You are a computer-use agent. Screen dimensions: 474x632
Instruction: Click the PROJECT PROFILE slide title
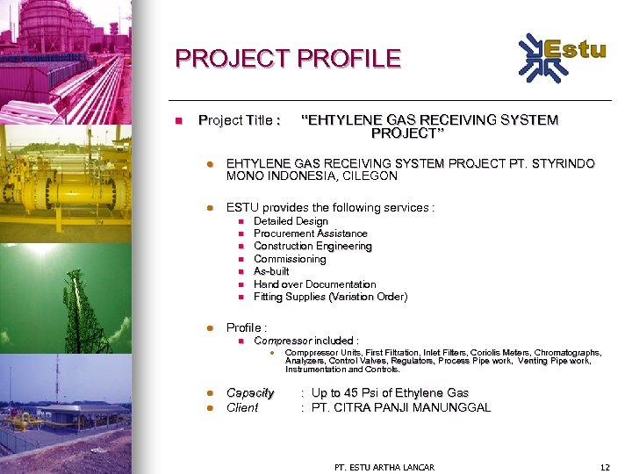[x=288, y=59]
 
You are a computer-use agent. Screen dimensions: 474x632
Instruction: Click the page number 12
[x=603, y=467]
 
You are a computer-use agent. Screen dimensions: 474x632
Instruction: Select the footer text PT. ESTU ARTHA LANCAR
[x=384, y=467]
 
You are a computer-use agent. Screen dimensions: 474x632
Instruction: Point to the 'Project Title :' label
[x=240, y=119]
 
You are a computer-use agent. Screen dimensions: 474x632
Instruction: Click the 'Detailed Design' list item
[x=291, y=221]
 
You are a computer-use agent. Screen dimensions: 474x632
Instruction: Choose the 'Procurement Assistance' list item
[x=311, y=233]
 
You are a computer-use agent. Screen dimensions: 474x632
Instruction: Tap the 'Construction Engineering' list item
[x=312, y=247]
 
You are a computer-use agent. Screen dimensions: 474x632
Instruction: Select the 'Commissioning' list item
[x=290, y=259]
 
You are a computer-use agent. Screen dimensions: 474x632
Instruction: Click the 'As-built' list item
[x=271, y=271]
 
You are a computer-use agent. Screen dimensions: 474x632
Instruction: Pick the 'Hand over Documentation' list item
[x=314, y=284]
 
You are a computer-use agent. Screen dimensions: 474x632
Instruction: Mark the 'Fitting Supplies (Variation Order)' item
[x=330, y=297]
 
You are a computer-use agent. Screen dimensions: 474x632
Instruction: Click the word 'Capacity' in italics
[x=250, y=392]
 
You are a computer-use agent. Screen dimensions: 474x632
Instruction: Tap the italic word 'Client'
[x=242, y=407]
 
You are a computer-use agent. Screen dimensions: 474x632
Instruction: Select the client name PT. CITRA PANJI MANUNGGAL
[x=401, y=407]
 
